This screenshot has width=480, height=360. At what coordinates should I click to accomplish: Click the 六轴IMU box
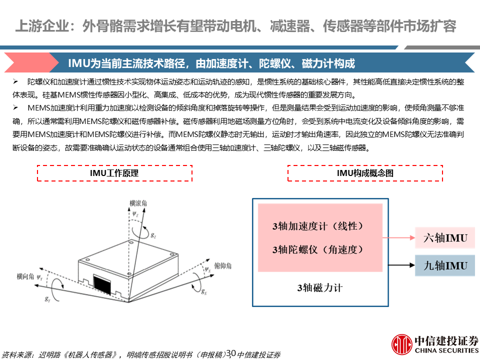(x=445, y=238)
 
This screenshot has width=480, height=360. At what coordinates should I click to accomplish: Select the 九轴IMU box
(x=445, y=265)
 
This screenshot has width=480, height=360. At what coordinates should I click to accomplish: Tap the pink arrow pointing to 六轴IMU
(x=400, y=238)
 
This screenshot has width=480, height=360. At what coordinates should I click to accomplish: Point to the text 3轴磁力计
(x=320, y=287)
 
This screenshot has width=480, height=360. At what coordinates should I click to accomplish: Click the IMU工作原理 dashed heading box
(x=114, y=173)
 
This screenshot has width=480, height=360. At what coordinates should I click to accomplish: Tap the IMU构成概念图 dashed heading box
(x=365, y=173)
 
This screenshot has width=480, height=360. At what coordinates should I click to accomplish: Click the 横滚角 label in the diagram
(x=138, y=203)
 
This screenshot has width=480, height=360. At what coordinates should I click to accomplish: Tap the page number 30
(x=231, y=353)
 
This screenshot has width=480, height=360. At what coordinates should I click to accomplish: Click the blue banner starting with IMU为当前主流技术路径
(x=240, y=63)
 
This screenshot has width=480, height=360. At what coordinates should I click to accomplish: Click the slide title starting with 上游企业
(x=235, y=26)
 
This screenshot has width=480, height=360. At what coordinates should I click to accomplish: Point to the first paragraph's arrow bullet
(x=16, y=81)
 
